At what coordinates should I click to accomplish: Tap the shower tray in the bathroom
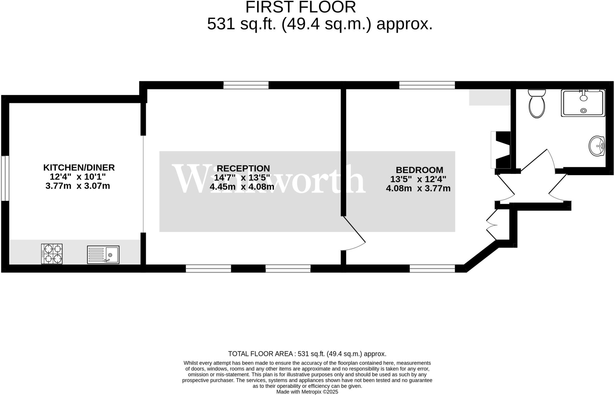pyautogui.click(x=583, y=103)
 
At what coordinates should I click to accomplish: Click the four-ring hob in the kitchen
pyautogui.click(x=52, y=254)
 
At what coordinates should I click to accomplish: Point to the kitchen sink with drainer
pyautogui.click(x=103, y=255)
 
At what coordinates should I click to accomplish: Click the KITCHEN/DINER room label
pyautogui.click(x=79, y=167)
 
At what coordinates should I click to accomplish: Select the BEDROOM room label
pyautogui.click(x=419, y=170)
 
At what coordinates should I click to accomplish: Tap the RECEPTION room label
pyautogui.click(x=243, y=168)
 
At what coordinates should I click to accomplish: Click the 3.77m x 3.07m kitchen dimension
pyautogui.click(x=78, y=186)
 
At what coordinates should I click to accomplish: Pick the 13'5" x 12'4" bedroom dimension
pyautogui.click(x=418, y=179)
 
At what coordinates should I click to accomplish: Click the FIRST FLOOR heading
pyautogui.click(x=300, y=7)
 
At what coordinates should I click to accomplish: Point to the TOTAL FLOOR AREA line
pyautogui.click(x=307, y=354)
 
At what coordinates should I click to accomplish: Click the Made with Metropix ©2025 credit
pyautogui.click(x=307, y=392)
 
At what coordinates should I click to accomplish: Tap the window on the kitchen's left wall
pyautogui.click(x=5, y=178)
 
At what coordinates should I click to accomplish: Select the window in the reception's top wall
pyautogui.click(x=246, y=85)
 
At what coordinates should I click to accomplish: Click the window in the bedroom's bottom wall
pyautogui.click(x=432, y=269)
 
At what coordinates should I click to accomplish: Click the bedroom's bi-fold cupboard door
pyautogui.click(x=492, y=225)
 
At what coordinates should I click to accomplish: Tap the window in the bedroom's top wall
pyautogui.click(x=427, y=85)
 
